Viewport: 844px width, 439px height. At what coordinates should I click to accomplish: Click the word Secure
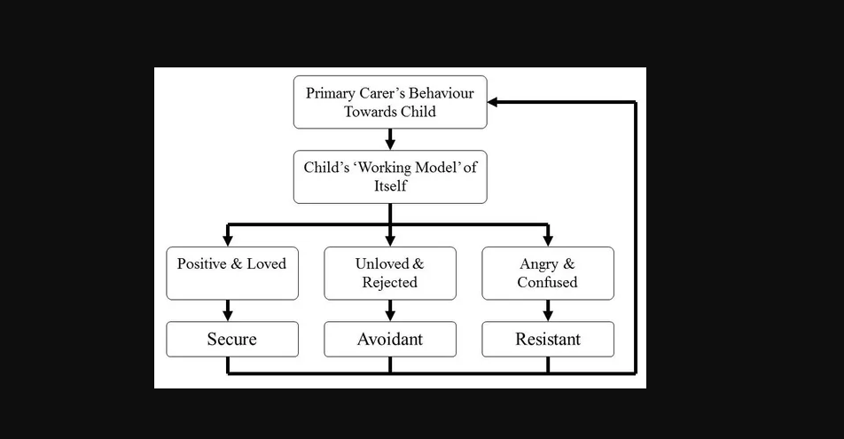pos(232,339)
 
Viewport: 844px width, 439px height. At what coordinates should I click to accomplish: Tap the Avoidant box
pos(390,340)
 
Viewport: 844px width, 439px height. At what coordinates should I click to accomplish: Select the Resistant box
pos(548,340)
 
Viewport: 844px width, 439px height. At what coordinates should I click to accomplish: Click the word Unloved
pos(382,263)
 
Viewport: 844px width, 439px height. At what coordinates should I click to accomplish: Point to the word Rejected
pos(390,282)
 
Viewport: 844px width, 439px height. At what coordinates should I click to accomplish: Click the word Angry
pos(539,264)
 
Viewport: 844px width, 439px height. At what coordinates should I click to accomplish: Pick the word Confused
pos(547,282)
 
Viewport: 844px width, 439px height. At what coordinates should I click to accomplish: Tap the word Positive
pos(202,263)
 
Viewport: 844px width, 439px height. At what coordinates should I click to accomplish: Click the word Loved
pos(267,263)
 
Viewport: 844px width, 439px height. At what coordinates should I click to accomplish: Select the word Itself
pos(390,186)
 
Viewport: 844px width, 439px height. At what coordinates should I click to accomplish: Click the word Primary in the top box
pos(331,94)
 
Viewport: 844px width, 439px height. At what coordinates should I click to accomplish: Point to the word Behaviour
pos(442,93)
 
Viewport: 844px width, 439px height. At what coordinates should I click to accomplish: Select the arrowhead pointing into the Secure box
pos(228,315)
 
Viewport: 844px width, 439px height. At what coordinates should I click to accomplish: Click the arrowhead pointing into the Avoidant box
pos(390,315)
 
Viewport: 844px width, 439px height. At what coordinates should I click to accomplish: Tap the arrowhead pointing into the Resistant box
pos(548,315)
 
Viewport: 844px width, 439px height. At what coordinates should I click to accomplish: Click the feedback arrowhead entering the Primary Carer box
pos(493,102)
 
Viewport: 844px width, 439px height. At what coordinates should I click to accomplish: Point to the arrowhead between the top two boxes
pos(390,144)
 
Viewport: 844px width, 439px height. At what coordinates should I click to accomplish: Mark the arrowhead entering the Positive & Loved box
pos(228,240)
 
